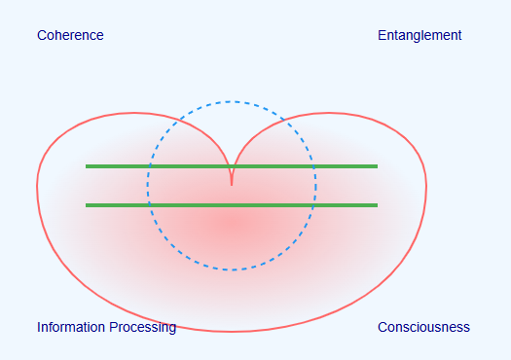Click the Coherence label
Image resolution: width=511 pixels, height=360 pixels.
click(x=70, y=35)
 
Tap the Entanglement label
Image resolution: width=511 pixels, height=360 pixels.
click(x=420, y=35)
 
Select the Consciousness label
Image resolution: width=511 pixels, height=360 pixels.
click(x=423, y=327)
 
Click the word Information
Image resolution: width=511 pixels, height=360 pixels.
click(x=71, y=327)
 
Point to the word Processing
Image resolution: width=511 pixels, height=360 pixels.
click(x=143, y=328)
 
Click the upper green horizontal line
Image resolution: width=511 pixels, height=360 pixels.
click(x=232, y=166)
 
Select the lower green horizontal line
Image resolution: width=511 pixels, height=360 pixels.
click(x=232, y=205)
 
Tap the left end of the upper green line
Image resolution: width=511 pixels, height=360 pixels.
click(x=86, y=166)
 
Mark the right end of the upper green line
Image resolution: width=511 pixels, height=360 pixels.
click(x=378, y=166)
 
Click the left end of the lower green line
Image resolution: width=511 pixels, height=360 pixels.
click(x=86, y=205)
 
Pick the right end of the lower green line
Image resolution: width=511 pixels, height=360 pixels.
click(x=378, y=205)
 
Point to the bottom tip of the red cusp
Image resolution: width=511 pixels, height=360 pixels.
click(x=232, y=186)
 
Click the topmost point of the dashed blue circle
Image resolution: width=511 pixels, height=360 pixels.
click(x=232, y=101)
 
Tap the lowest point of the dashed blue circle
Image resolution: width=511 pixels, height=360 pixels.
click(x=232, y=270)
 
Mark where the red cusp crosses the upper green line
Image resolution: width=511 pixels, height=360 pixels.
click(x=232, y=166)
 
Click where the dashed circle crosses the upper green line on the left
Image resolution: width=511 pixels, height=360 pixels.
click(x=150, y=166)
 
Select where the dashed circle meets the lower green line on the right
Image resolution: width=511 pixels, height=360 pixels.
click(x=313, y=205)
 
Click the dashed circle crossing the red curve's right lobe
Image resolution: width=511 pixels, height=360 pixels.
click(x=284, y=121)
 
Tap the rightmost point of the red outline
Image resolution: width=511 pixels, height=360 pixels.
click(x=426, y=187)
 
